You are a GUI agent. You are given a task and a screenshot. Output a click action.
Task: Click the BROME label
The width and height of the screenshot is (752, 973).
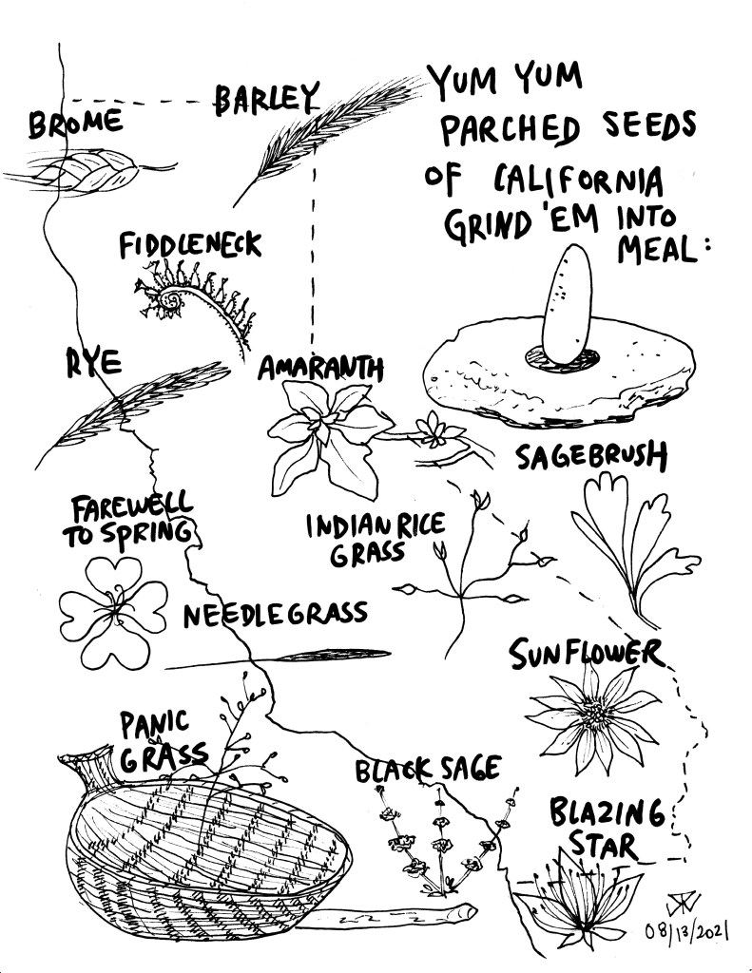click(75, 123)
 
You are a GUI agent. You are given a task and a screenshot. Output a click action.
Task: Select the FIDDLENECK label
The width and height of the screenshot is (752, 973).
click(190, 244)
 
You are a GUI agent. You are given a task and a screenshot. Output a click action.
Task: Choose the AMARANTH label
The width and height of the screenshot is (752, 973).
click(320, 368)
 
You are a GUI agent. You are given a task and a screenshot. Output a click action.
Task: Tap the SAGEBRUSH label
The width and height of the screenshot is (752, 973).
click(591, 456)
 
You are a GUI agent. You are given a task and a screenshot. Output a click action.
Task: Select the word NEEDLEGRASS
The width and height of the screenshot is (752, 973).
click(275, 614)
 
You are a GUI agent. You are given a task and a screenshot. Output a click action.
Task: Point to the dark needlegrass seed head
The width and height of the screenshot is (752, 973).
click(336, 654)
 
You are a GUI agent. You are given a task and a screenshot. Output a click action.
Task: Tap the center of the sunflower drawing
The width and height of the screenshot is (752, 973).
click(594, 715)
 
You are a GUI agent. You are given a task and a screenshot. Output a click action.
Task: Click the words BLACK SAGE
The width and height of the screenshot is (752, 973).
click(428, 770)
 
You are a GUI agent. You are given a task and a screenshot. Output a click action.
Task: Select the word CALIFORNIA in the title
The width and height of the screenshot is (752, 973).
click(579, 181)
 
